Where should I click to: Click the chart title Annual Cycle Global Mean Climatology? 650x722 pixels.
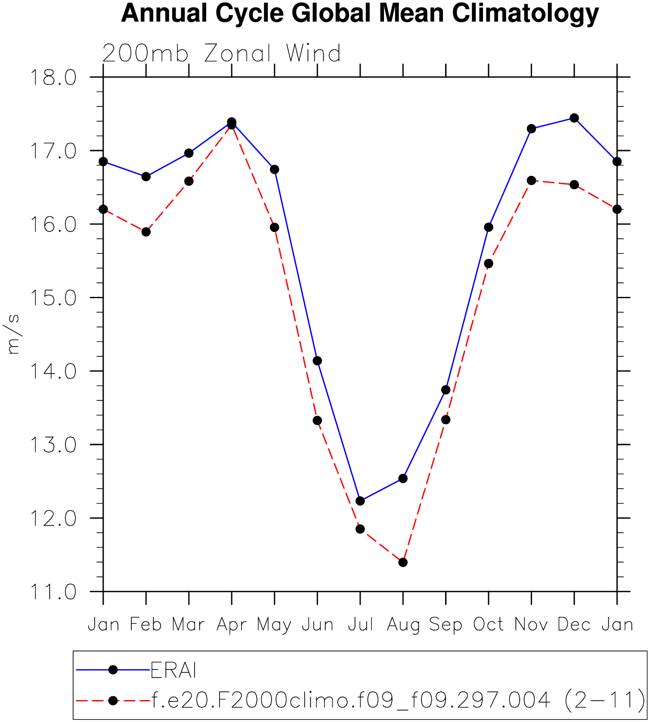pyautogui.click(x=360, y=13)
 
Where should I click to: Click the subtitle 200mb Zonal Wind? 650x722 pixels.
pyautogui.click(x=222, y=54)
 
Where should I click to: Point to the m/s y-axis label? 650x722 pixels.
pyautogui.click(x=13, y=334)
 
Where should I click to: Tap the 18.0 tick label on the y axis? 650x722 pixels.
pyautogui.click(x=53, y=78)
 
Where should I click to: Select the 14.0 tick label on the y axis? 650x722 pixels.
pyautogui.click(x=53, y=371)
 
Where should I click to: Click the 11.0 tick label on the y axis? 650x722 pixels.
pyautogui.click(x=53, y=592)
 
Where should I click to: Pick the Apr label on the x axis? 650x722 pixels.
pyautogui.click(x=232, y=625)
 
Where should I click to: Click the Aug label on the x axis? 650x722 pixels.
pyautogui.click(x=403, y=625)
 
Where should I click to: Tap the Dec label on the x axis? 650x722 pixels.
pyautogui.click(x=574, y=624)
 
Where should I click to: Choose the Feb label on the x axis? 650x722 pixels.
pyautogui.click(x=146, y=624)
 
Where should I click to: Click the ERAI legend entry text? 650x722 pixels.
pyautogui.click(x=173, y=670)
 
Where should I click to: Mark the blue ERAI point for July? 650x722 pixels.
pyautogui.click(x=360, y=501)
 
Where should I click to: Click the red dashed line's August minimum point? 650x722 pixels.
pyautogui.click(x=403, y=562)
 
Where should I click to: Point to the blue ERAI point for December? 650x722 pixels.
pyautogui.click(x=574, y=118)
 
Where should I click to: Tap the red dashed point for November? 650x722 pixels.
pyautogui.click(x=531, y=180)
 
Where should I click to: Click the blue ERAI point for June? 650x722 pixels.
pyautogui.click(x=317, y=361)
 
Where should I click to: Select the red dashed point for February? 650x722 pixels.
pyautogui.click(x=146, y=232)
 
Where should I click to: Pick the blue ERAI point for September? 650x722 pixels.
pyautogui.click(x=446, y=390)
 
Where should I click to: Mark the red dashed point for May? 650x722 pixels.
pyautogui.click(x=275, y=227)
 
